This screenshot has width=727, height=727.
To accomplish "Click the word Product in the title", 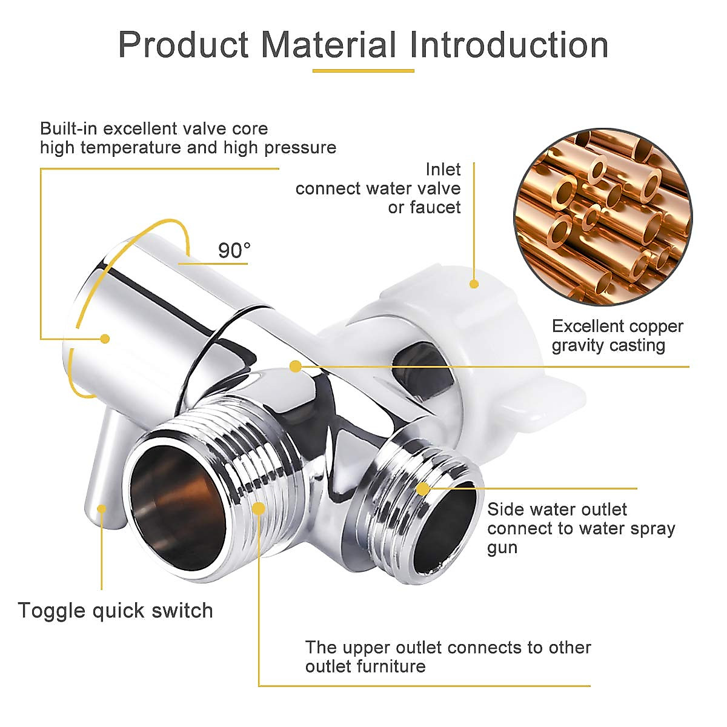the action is point(184,45).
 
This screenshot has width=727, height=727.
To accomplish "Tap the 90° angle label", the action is point(234,250).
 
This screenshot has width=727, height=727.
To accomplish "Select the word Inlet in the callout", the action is point(442,169).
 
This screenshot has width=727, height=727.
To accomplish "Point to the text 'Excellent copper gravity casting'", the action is point(617,336).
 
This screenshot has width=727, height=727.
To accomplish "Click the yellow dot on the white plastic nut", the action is point(474,284).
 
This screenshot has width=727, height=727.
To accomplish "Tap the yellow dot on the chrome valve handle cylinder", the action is point(105,339).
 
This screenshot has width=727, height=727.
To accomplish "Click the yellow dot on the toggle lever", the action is point(102,509).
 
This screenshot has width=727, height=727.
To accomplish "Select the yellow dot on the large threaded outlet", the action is point(259,509).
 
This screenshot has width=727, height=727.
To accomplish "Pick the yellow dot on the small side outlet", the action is point(423,488).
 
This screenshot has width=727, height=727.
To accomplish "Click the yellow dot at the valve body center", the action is point(296,367).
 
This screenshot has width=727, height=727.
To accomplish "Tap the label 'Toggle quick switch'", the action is point(115,610).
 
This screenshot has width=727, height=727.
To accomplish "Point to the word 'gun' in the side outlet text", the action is point(502,548).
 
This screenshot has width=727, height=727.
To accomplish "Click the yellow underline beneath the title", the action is point(363,71).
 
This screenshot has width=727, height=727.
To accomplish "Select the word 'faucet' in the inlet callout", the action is point(434,207).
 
